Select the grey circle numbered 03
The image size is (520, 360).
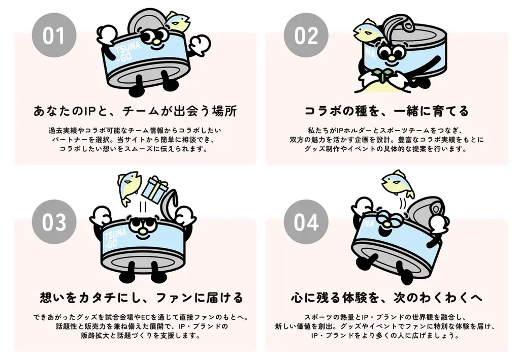tap(53, 222)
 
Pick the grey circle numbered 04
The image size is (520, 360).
tap(306, 222)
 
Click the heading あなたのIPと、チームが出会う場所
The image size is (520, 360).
tap(135, 110)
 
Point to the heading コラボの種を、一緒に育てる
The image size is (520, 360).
tap(386, 110)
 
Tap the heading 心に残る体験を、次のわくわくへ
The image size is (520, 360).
tap(386, 297)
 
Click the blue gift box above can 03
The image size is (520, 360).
tap(154, 188)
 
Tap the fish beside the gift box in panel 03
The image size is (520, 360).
tap(129, 185)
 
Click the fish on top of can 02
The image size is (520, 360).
tap(366, 30)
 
